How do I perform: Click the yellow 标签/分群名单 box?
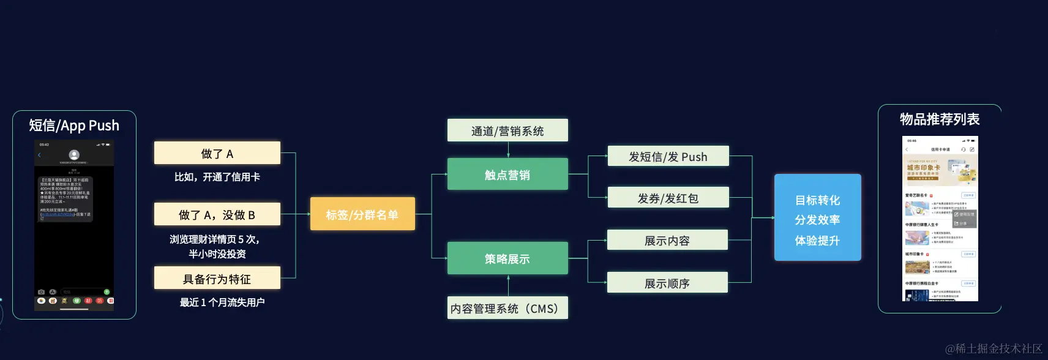tap(362, 214)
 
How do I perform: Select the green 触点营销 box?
tap(507, 174)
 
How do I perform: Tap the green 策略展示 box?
tap(507, 258)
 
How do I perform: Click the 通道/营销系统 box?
tap(507, 130)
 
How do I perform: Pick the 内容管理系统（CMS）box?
tap(507, 308)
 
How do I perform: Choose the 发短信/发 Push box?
tap(668, 156)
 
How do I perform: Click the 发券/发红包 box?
tap(668, 198)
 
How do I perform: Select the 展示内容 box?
tap(667, 240)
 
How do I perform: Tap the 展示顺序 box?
tap(667, 283)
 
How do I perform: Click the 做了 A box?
tap(217, 153)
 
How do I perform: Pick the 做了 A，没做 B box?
tap(217, 214)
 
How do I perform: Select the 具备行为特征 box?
tap(217, 279)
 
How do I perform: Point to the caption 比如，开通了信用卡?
tap(217, 177)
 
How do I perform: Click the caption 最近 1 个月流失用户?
tap(222, 302)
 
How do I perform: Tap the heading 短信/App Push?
tap(74, 126)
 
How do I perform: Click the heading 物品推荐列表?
tap(940, 119)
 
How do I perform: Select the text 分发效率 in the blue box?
tap(817, 220)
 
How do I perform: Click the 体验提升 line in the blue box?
tap(817, 241)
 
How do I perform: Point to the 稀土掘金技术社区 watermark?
tap(994, 348)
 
